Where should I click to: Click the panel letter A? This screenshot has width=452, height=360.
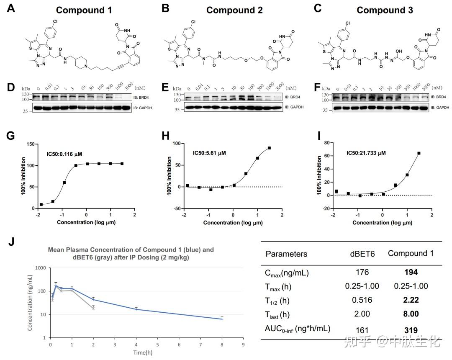click(x=11, y=8)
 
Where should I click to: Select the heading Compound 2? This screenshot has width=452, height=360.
click(x=234, y=10)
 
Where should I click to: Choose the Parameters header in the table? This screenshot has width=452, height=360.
click(x=286, y=254)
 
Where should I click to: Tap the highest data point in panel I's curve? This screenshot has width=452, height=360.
click(x=419, y=153)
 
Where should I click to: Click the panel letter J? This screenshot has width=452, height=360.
click(x=11, y=242)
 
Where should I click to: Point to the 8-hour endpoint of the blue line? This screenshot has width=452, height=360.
click(x=222, y=319)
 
